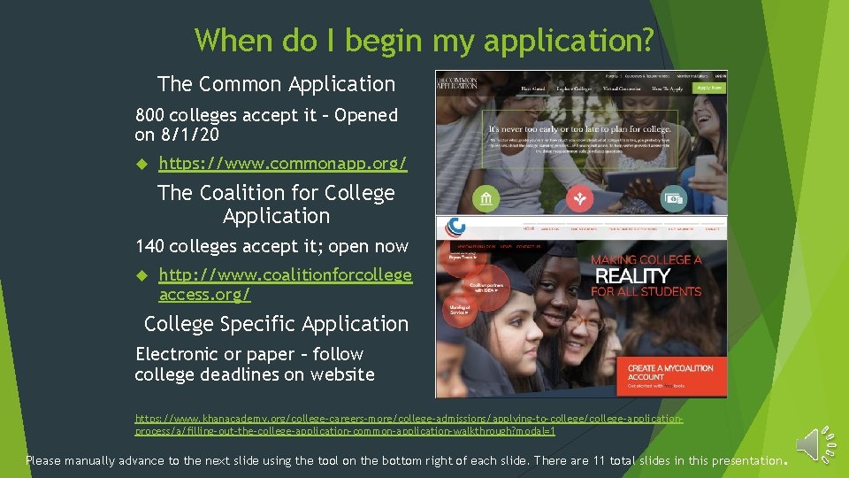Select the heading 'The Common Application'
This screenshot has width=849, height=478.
click(276, 84)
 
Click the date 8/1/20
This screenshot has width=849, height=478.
click(189, 135)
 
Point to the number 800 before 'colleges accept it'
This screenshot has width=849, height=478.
click(149, 115)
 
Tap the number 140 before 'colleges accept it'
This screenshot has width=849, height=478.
click(149, 246)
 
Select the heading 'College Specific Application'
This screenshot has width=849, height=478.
click(276, 324)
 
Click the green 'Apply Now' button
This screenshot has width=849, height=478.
click(709, 88)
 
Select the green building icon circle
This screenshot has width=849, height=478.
click(486, 199)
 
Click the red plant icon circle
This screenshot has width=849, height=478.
click(578, 199)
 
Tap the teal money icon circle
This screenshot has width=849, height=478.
click(675, 199)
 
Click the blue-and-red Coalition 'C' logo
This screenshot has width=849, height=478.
click(456, 227)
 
